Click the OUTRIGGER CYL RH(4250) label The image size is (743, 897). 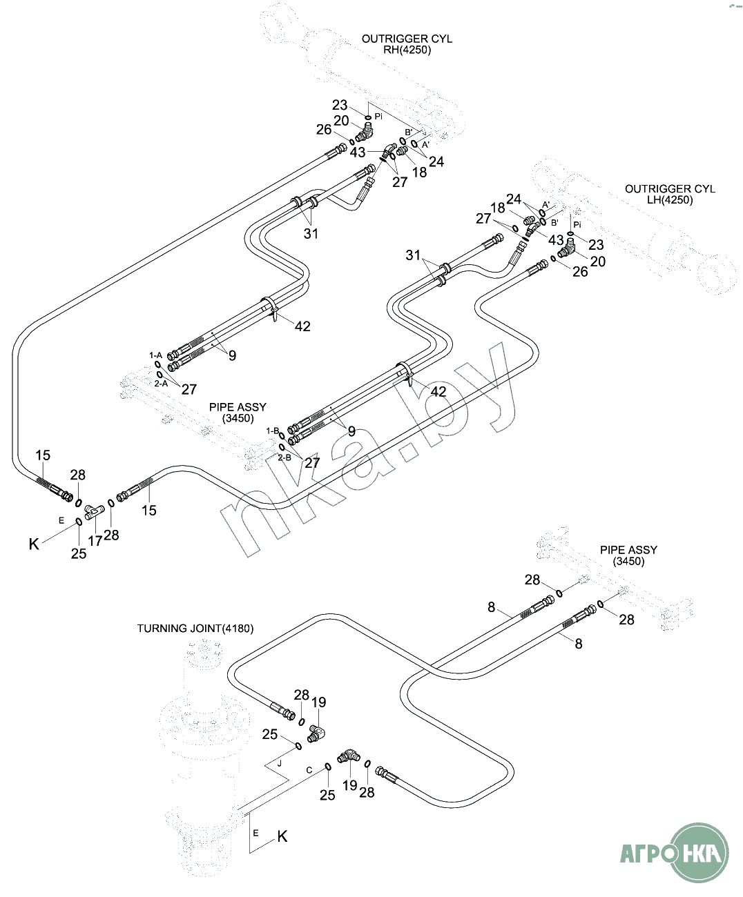coord(407,44)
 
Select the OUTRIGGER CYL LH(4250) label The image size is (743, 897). coord(669,194)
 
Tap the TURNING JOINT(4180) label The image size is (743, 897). coord(195,629)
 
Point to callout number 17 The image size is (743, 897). coord(95,542)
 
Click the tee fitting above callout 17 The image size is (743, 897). coord(93,511)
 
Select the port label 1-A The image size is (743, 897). coord(156,355)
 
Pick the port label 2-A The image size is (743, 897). coord(161,383)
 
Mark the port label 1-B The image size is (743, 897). coord(273,431)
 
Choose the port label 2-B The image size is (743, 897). coord(284,457)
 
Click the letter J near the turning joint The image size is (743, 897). coord(280,764)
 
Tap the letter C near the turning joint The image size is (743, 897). coord(309,770)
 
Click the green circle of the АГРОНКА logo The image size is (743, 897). coord(700,852)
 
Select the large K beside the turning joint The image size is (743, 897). coord(282,837)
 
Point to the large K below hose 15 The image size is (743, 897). coord(34,544)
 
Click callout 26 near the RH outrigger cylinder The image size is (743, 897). coord(324,130)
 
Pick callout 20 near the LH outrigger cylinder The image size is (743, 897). coord(598,262)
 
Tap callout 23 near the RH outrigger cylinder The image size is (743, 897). coord(340,106)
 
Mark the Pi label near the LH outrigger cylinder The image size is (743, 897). coord(578,225)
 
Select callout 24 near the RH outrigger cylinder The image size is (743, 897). coord(436,161)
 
